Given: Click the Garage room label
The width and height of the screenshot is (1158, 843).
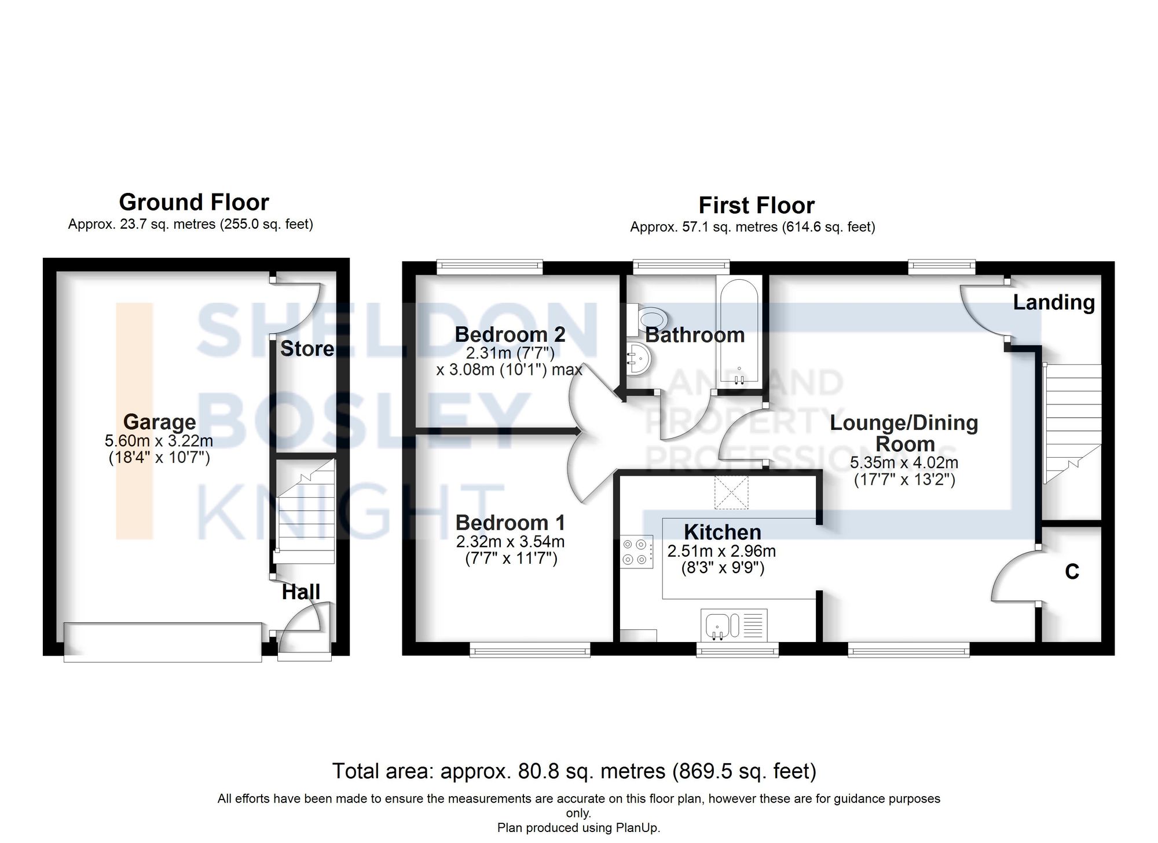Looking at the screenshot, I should point(159,421).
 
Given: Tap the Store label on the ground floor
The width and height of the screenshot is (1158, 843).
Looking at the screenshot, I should point(307,349).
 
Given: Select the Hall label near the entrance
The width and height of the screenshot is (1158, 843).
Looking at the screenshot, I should point(301,592).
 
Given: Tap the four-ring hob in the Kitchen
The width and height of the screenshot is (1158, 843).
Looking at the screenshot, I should point(636,552).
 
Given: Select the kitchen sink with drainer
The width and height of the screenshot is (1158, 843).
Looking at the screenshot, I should point(734,625).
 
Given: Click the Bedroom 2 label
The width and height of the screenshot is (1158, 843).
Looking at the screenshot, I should point(510,334).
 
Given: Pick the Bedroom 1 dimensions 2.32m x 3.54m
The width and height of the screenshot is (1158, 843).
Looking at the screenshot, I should point(510,542).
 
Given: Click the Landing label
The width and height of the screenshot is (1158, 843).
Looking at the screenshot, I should point(1054,302).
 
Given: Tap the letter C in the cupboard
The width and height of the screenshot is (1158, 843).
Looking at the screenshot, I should point(1072,572).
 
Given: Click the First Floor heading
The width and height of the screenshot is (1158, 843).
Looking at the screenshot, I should point(756,206).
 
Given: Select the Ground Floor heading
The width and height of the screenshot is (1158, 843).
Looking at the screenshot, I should point(194,202).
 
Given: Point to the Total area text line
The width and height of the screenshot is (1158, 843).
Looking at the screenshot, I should point(574,771).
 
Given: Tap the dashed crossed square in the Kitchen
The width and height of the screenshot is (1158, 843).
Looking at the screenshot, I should point(731,492).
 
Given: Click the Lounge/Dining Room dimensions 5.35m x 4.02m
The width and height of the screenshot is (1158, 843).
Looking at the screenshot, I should point(904,462).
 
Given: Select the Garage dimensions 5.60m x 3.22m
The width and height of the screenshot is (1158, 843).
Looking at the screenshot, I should point(159,441).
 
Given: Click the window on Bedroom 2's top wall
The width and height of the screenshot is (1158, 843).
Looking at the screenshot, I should point(490,267).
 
